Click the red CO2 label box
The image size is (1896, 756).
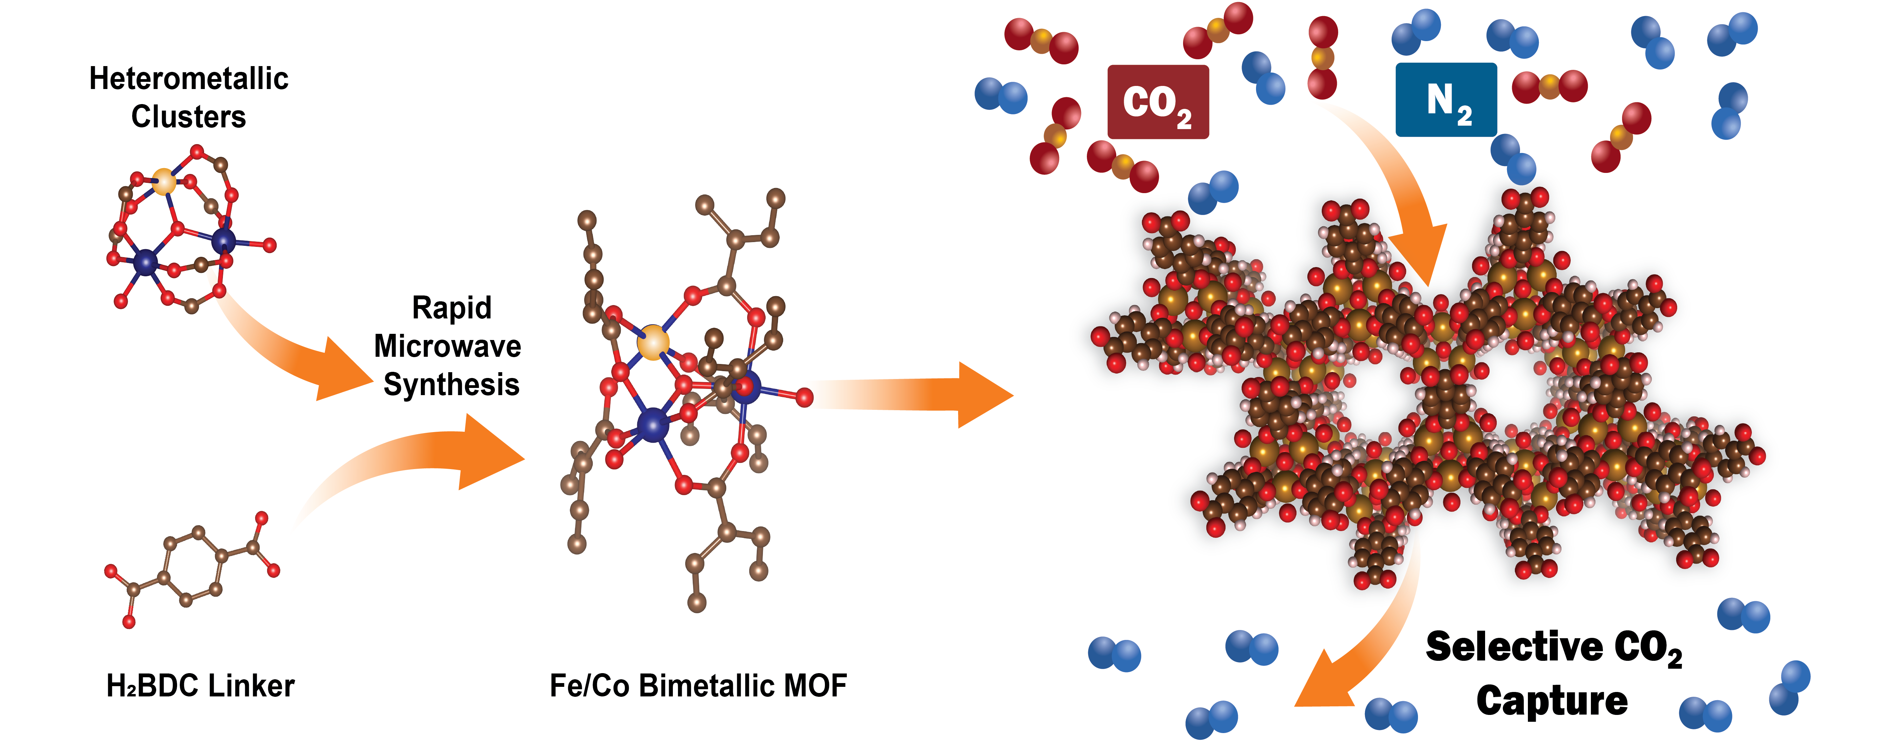click(1158, 102)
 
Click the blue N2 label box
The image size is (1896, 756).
click(1446, 99)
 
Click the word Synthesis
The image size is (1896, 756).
click(451, 384)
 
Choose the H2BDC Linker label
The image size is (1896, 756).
click(200, 686)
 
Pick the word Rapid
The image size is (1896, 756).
click(451, 308)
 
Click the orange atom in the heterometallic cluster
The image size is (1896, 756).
click(164, 180)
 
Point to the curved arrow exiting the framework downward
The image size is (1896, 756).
click(1361, 648)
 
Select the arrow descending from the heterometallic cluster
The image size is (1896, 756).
click(294, 353)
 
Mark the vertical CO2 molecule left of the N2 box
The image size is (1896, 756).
click(1323, 58)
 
